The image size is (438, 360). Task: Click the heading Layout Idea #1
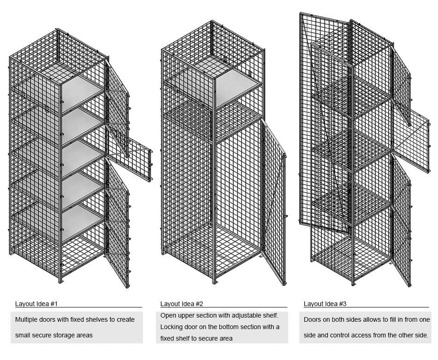coord(36,304)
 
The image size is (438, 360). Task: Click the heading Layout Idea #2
coord(182,304)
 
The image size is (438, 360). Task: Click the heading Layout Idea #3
coord(325,304)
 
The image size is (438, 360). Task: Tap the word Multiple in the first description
coord(27,319)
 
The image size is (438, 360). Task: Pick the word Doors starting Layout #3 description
coord(312,319)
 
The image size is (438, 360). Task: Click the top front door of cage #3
coord(400,85)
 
